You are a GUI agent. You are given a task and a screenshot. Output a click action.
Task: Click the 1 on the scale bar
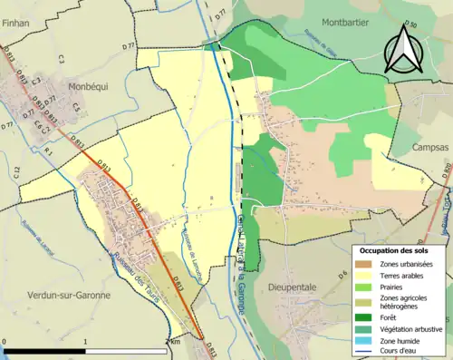click(x=86, y=342)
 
